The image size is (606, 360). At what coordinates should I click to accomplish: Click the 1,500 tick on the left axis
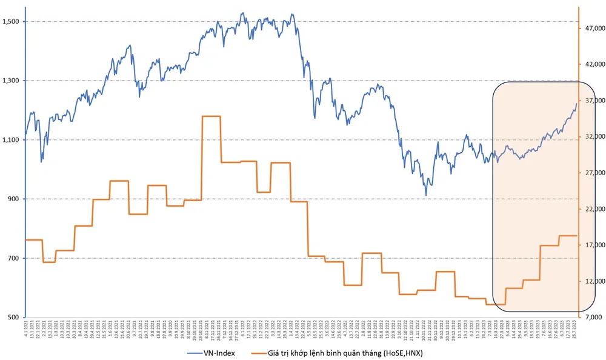(13, 21)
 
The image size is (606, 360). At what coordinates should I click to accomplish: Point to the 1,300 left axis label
(13, 81)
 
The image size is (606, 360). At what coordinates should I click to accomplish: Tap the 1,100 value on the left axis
(13, 140)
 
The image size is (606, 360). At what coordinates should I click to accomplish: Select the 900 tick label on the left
(15, 199)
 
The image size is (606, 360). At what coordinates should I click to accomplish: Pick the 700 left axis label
(15, 258)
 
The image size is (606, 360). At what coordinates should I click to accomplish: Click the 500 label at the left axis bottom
(15, 317)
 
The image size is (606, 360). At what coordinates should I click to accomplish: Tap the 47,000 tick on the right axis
(593, 28)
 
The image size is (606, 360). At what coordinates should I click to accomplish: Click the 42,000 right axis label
(593, 64)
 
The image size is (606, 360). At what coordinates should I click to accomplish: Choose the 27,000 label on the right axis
(593, 173)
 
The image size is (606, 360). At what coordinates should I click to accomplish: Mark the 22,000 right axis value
(593, 208)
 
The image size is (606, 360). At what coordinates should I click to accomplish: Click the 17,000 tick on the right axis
(593, 245)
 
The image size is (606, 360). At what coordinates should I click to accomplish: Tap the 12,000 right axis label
(593, 281)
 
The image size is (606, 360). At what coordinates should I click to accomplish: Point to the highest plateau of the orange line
(211, 116)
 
